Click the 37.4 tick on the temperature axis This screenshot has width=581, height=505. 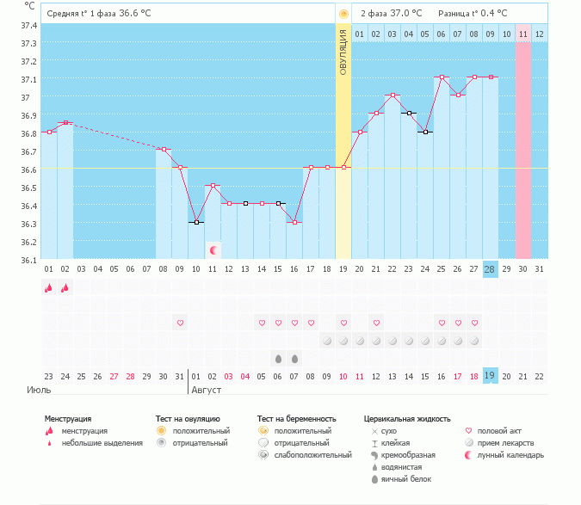coord(28,25)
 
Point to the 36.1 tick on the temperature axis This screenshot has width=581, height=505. coord(28,260)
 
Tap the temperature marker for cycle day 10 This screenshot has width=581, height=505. coord(197,222)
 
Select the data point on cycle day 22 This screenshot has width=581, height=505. coord(392,95)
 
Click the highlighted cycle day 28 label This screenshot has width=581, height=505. coord(490,269)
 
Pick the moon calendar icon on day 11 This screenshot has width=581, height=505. coord(213,249)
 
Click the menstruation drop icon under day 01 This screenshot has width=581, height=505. coord(49,288)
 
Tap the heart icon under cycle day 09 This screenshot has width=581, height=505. coord(181,323)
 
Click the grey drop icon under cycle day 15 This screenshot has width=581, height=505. coord(278,358)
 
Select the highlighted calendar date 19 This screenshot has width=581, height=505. coord(490,375)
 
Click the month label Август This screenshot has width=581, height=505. coord(206,390)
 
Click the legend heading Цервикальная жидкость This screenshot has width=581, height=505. coord(407,419)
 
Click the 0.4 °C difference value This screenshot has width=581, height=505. coord(491,14)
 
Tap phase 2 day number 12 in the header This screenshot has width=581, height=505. coord(539,34)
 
